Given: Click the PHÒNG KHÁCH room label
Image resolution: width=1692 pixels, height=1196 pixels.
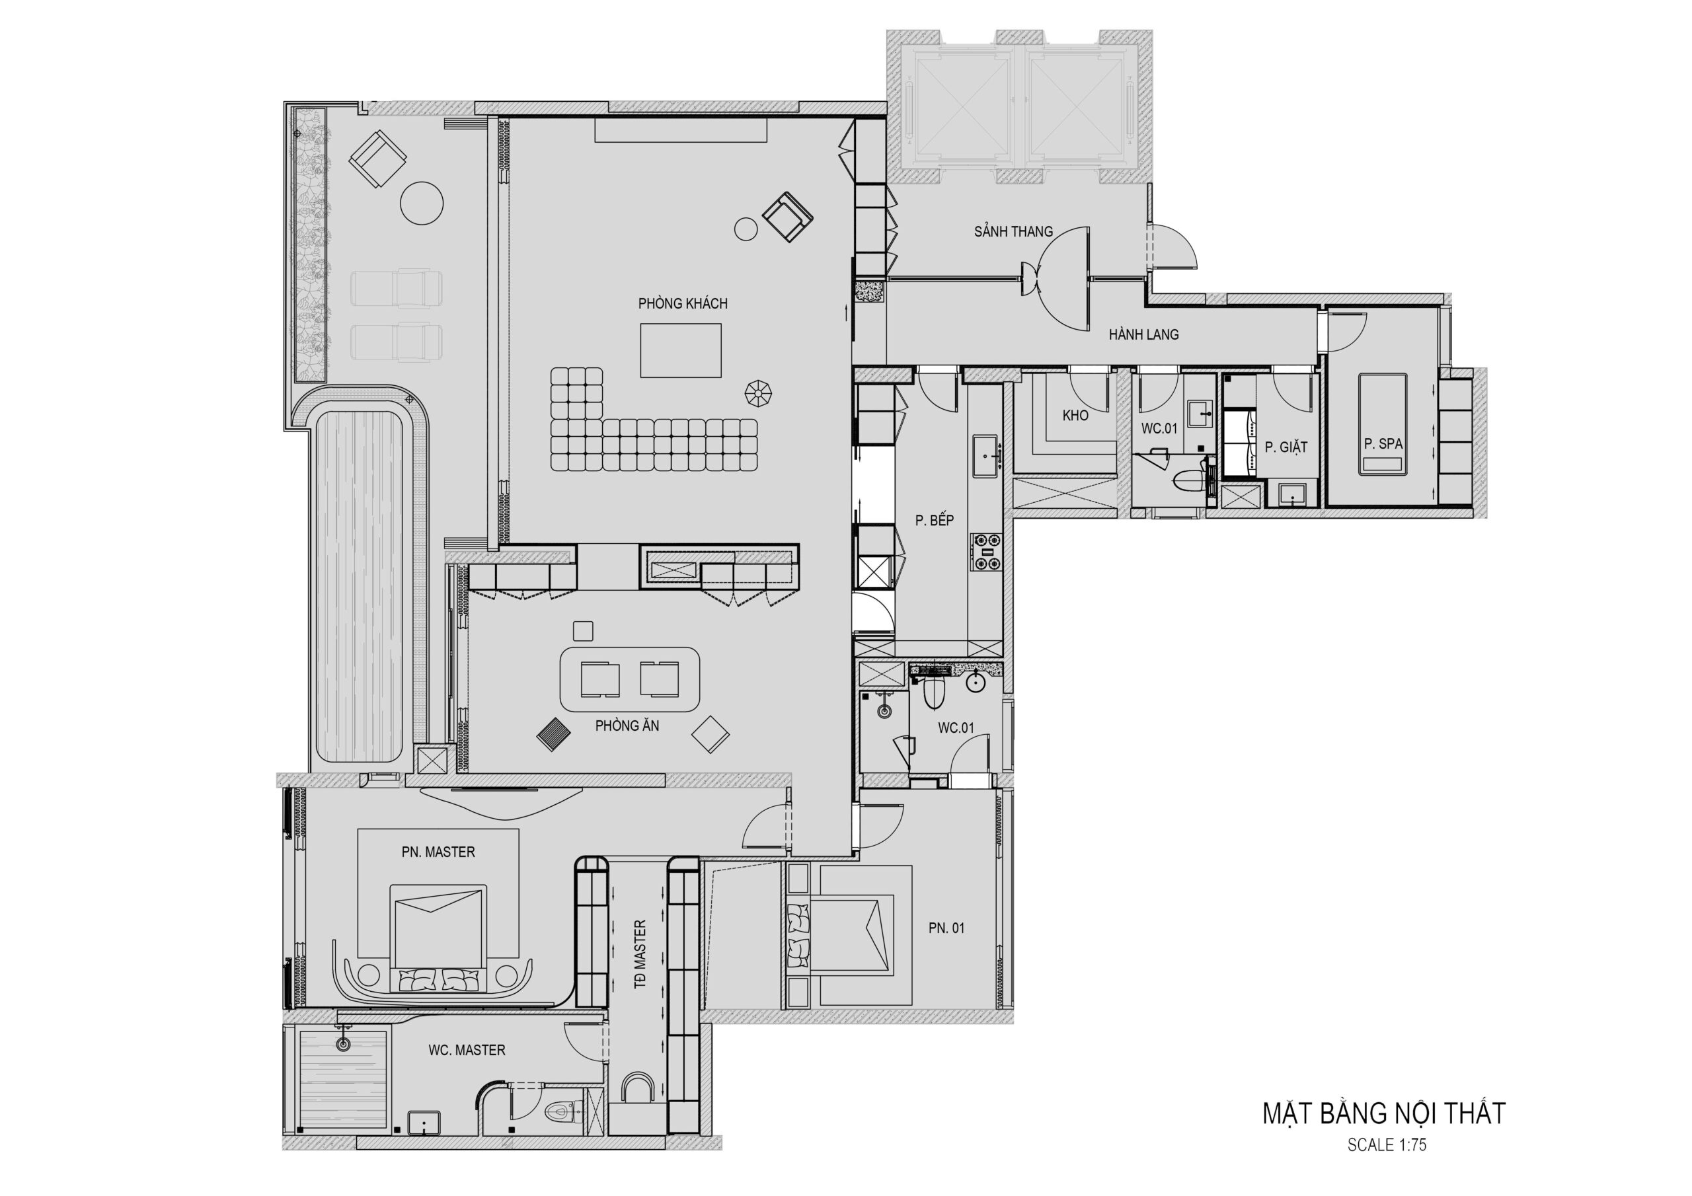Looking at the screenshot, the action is pos(682,303).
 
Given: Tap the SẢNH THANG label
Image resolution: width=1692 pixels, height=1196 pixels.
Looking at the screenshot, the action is pos(1013,231).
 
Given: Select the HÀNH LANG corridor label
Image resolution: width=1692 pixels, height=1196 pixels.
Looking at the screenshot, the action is pos(1143,334).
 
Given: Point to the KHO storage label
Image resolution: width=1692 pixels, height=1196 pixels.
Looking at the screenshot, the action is pos(1075,416).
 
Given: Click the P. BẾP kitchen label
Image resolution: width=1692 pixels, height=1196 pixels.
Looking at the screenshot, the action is pos(935,520).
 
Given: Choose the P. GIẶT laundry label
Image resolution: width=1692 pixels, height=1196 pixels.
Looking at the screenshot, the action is pos(1286,447).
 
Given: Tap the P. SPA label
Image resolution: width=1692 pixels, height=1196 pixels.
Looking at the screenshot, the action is pos(1383,443).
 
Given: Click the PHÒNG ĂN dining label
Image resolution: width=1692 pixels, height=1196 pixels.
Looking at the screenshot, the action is pos(627,726).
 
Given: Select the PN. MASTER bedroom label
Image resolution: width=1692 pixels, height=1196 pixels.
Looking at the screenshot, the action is pos(438,852).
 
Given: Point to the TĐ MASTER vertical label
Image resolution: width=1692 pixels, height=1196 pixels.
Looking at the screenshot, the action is pos(640,954).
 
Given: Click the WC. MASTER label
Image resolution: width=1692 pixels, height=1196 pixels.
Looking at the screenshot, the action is pos(467,1050).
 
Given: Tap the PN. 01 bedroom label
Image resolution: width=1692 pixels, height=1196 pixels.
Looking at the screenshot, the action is pos(946,928).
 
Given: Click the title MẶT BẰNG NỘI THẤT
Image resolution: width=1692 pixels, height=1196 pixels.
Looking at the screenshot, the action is pos(1384,1113).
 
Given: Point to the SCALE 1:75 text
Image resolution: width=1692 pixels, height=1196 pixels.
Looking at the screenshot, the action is pos(1387,1145).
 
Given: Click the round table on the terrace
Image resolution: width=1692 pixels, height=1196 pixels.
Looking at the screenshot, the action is pos(422,203).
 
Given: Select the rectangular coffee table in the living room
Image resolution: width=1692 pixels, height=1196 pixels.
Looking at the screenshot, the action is pos(680,350).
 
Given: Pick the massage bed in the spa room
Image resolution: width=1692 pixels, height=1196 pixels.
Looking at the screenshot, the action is pos(1383,424).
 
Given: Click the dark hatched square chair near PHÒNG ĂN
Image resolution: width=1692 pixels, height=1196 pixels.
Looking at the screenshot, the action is pos(553,735).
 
